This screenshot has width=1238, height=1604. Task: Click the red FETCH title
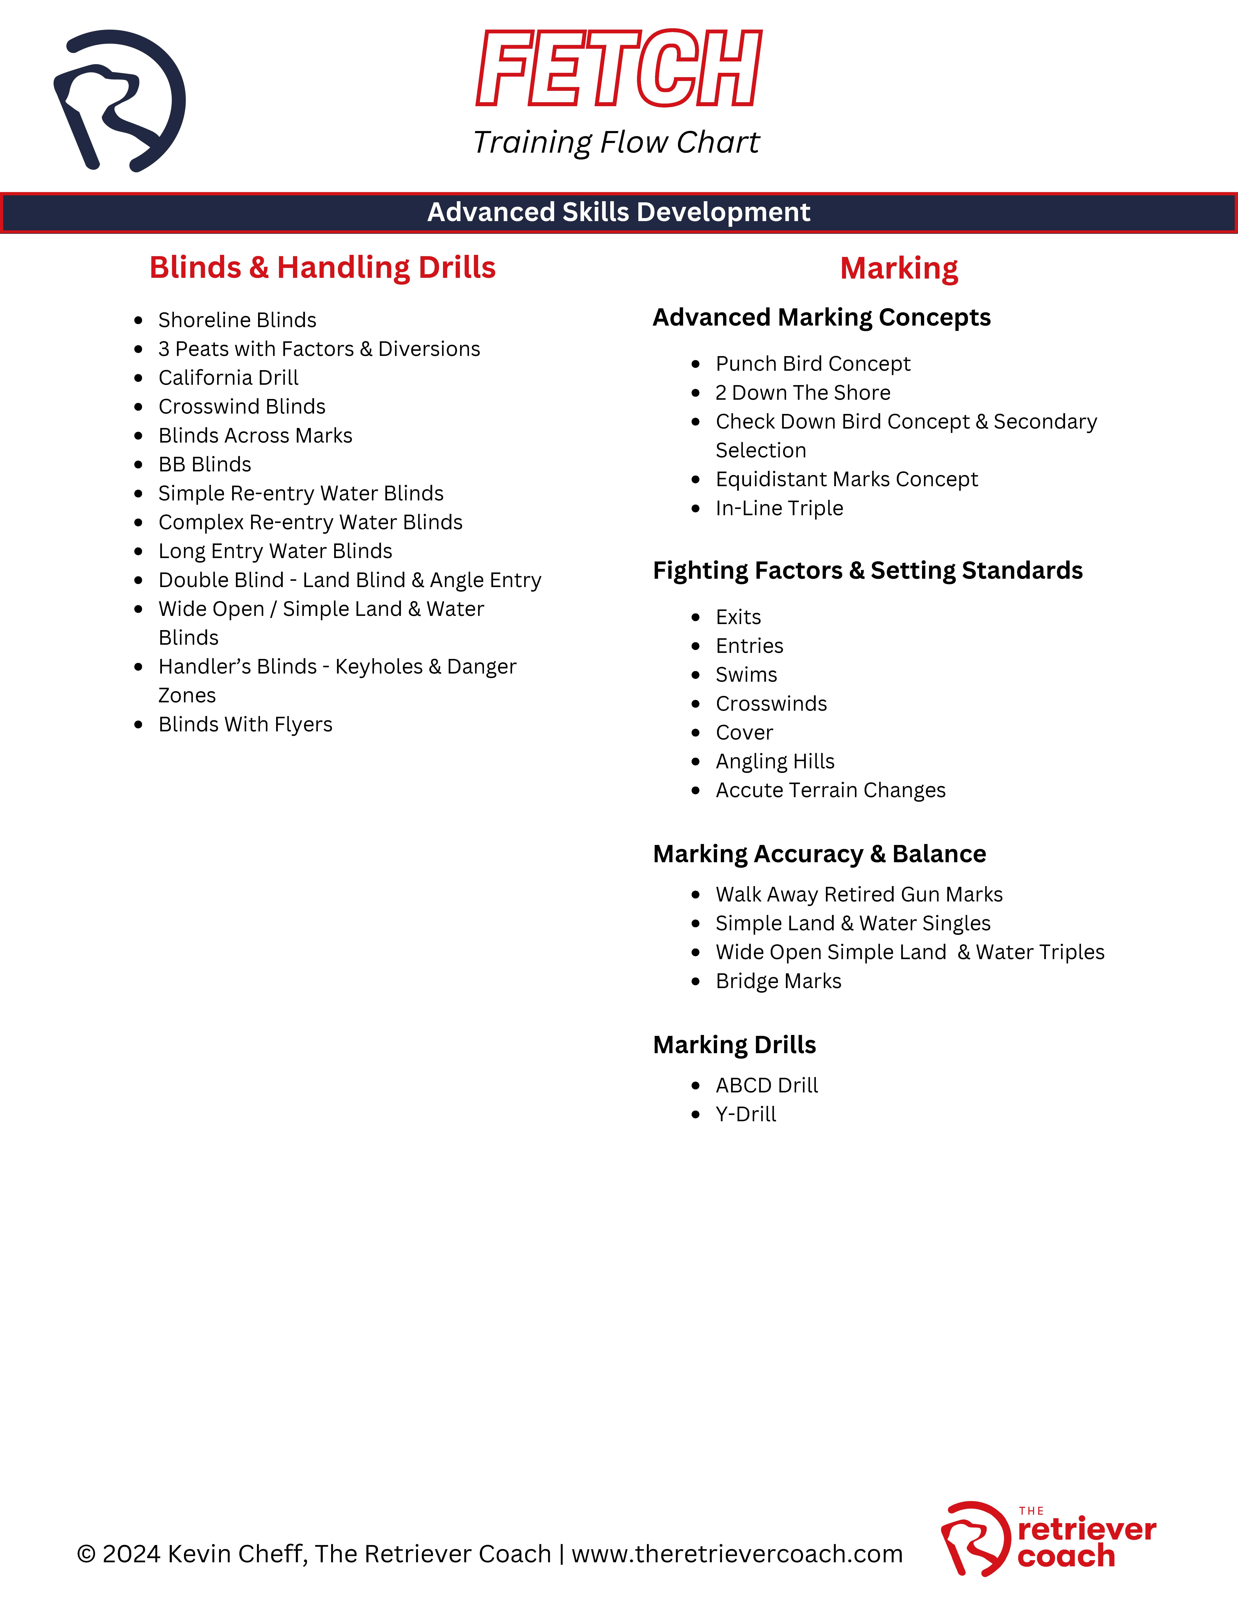pos(619,68)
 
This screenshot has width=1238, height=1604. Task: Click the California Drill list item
pos(229,378)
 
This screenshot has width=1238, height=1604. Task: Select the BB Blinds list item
pos(205,464)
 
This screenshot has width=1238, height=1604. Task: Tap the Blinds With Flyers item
pos(245,724)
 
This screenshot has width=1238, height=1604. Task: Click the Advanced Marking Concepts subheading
pos(821,317)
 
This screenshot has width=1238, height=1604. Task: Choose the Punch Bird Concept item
pos(813,364)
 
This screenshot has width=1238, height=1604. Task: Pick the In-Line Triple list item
pos(779,508)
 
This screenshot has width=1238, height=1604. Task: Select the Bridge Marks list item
pos(778,981)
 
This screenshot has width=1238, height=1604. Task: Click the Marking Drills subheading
pos(734,1045)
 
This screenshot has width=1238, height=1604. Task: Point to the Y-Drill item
pos(746,1114)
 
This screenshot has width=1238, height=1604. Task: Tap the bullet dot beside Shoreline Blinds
pos(138,320)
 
